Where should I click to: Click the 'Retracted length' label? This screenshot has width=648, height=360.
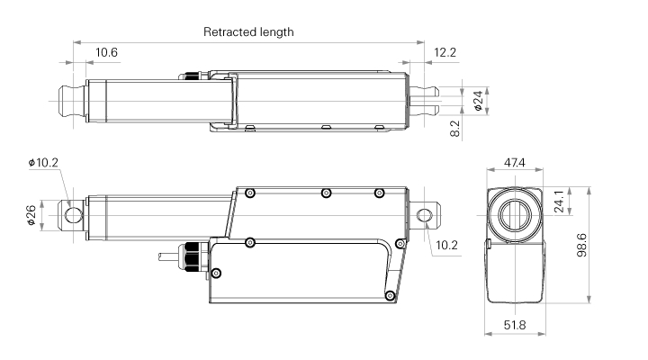coord(248,31)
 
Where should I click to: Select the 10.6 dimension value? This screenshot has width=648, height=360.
coord(107,53)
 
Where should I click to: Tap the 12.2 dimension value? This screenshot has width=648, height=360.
coord(445,53)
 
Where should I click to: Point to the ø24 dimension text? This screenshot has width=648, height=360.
coord(478,100)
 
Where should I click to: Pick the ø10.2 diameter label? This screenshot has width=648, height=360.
coord(43,163)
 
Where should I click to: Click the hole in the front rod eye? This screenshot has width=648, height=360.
coord(72,214)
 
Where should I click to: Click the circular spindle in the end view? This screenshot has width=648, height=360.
coord(515,215)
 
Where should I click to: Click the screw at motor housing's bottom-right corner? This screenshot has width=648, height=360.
coord(389,295)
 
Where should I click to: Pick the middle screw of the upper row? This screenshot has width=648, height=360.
coord(326,193)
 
